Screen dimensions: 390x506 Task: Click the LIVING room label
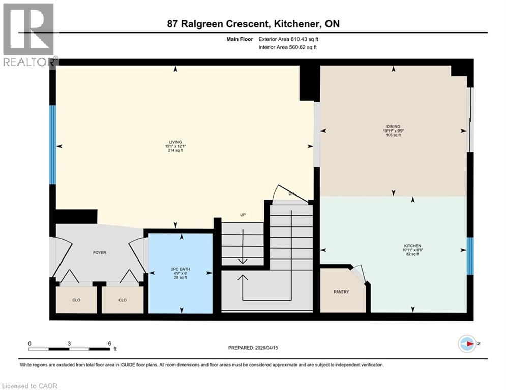[x=175, y=142]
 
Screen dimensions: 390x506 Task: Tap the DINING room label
[x=393, y=127]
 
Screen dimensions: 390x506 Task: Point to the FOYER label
[x=99, y=252]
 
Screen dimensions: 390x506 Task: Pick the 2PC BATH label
[x=180, y=269]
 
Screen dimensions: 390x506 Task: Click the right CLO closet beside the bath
[x=122, y=300]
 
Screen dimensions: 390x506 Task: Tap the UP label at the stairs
[x=243, y=215]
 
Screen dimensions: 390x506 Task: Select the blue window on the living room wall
[x=52, y=145]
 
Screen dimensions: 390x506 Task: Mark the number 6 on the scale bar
[x=109, y=343]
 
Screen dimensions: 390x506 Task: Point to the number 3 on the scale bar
[x=69, y=343]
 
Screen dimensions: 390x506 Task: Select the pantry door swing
[x=359, y=273]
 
